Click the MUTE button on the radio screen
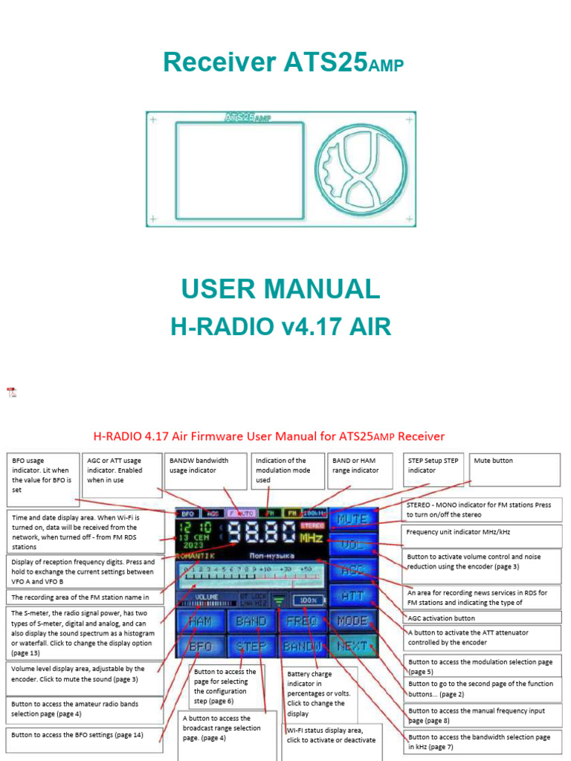click(352, 520)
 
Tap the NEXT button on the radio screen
click(352, 646)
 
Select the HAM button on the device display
click(199, 621)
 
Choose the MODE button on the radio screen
click(352, 621)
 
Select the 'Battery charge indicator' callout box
click(320, 693)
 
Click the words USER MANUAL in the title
click(280, 289)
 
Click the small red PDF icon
click(11, 392)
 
